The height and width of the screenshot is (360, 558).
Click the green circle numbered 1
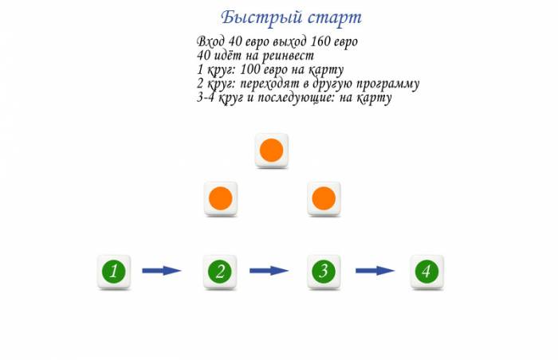point(114,271)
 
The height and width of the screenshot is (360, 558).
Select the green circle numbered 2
point(220,271)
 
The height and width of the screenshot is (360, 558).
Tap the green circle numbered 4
point(428,271)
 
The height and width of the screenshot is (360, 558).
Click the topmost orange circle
point(272,150)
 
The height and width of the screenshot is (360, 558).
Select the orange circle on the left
point(220,198)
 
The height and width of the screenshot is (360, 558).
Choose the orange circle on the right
point(324,198)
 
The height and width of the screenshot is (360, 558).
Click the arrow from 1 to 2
point(162,271)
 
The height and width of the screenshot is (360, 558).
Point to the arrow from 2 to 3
point(269,271)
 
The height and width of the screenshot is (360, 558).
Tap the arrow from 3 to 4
point(375,271)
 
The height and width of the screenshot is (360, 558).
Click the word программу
point(385,84)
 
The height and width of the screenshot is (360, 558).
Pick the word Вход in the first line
point(210,41)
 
